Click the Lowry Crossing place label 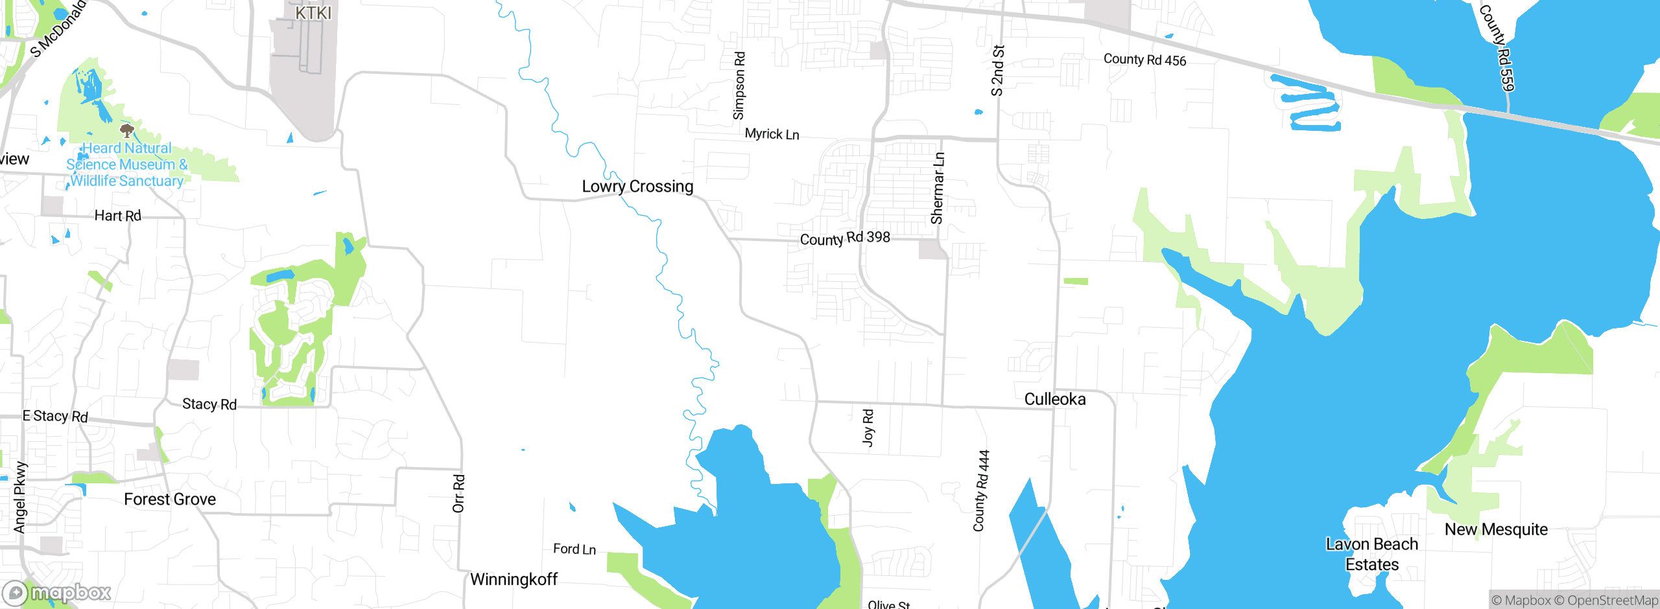(x=637, y=187)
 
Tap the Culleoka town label (x=1055, y=399)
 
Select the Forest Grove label (x=170, y=500)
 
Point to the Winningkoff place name (x=514, y=579)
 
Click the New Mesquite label (x=1496, y=529)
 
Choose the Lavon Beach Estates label (x=1372, y=554)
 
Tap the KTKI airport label (x=313, y=13)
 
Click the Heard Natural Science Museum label (x=127, y=165)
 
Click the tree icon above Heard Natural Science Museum (x=127, y=132)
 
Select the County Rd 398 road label (x=845, y=238)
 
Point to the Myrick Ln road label (x=772, y=134)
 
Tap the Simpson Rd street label (x=739, y=86)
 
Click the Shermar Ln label (x=938, y=188)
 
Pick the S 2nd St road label (x=998, y=70)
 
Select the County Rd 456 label (x=1144, y=60)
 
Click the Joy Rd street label (x=868, y=427)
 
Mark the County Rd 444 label (x=982, y=490)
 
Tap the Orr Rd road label (x=458, y=494)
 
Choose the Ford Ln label (x=575, y=549)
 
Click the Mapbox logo (x=57, y=592)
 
